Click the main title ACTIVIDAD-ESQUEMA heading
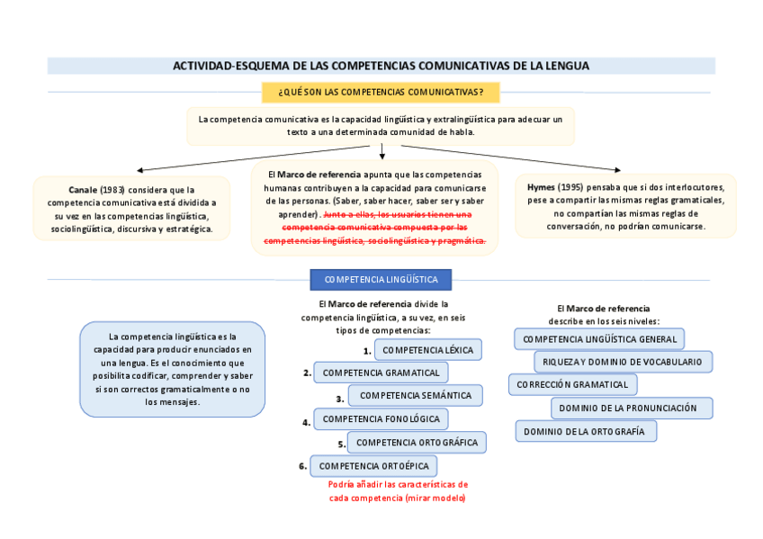381,66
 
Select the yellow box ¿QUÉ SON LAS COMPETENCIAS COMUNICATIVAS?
381,92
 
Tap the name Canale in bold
83,190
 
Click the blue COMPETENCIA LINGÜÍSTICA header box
381,280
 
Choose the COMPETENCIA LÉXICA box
428,349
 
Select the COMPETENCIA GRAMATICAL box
381,373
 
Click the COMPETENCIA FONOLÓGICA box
381,419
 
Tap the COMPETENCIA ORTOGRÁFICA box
417,442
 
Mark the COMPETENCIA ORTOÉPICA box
373,466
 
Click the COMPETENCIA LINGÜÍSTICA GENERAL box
599,339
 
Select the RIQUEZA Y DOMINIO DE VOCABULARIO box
623,362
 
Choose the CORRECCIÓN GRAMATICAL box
572,384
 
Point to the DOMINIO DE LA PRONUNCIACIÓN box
632,408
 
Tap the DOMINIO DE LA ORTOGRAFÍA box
585,432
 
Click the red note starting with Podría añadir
398,490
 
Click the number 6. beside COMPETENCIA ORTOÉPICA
303,466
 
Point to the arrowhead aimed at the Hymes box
617,169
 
